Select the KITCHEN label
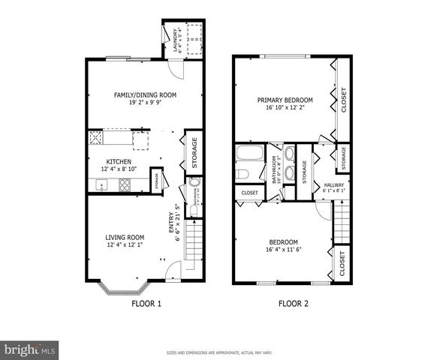pos(119,161)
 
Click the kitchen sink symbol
pos(101,185)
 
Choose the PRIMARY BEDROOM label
pos(285,100)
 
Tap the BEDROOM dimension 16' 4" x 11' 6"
pos(283,250)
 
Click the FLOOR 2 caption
pos(294,304)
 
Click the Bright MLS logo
pos(30,349)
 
